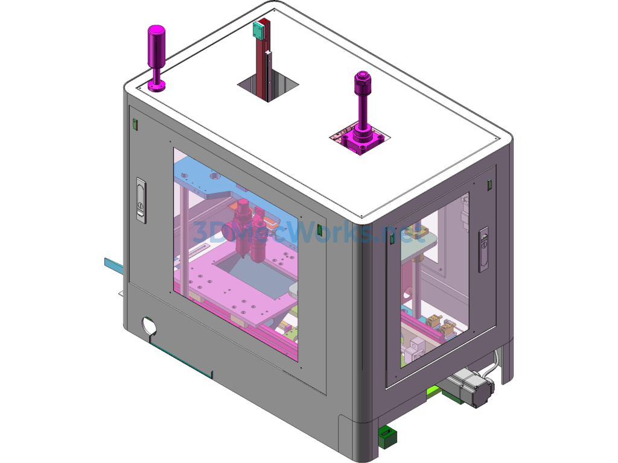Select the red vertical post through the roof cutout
tap(261, 66)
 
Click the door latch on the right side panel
tap(483, 248)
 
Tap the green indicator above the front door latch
tap(135, 125)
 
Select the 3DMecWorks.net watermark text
tap(302, 231)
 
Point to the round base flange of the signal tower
tap(157, 86)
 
